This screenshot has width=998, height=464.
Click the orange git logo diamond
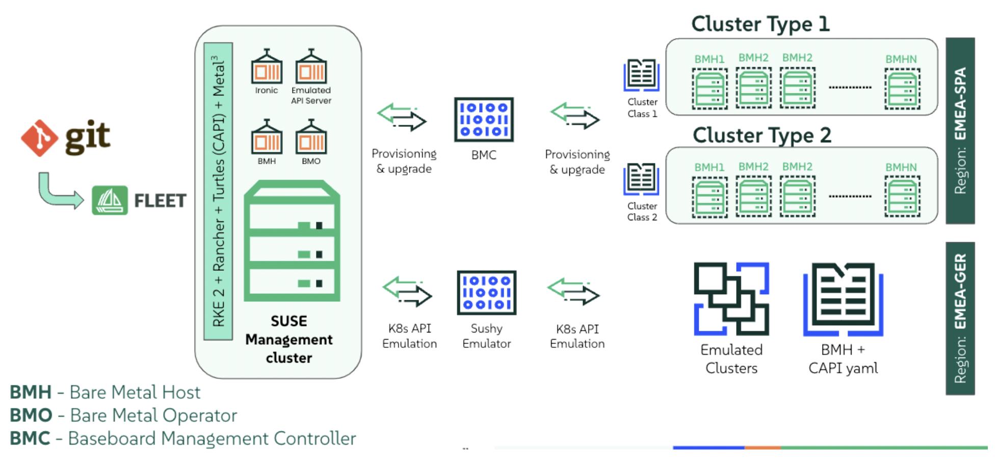pyautogui.click(x=39, y=138)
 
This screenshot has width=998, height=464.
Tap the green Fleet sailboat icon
pyautogui.click(x=110, y=200)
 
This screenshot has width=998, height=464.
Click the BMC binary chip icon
pyautogui.click(x=484, y=120)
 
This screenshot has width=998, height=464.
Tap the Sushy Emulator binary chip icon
pyautogui.click(x=487, y=293)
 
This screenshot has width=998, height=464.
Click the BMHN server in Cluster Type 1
pyautogui.click(x=902, y=90)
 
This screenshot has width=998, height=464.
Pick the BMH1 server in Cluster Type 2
pyautogui.click(x=710, y=197)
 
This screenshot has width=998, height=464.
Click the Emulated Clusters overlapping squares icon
pyautogui.click(x=731, y=299)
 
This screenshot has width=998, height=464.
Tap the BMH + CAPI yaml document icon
pyautogui.click(x=843, y=299)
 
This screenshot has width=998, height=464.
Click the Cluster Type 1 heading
pyautogui.click(x=760, y=24)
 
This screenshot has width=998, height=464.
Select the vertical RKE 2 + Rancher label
pyautogui.click(x=219, y=191)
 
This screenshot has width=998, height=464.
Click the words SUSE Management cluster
pyautogui.click(x=289, y=340)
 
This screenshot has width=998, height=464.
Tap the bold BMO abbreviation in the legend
pyautogui.click(x=31, y=416)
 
